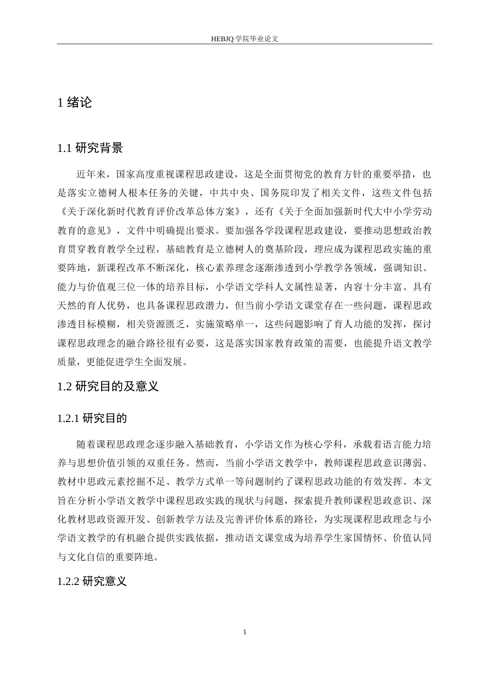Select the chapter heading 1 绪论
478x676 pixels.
[x=75, y=103]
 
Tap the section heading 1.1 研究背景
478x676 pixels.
[x=90, y=148]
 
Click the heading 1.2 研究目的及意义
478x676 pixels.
[x=108, y=386]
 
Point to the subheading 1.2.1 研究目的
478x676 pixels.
[x=92, y=418]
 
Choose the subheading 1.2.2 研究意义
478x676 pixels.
[x=92, y=581]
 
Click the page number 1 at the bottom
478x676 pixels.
[x=245, y=632]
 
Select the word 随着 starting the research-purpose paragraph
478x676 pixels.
[x=85, y=445]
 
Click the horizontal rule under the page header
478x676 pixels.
[x=245, y=44]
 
